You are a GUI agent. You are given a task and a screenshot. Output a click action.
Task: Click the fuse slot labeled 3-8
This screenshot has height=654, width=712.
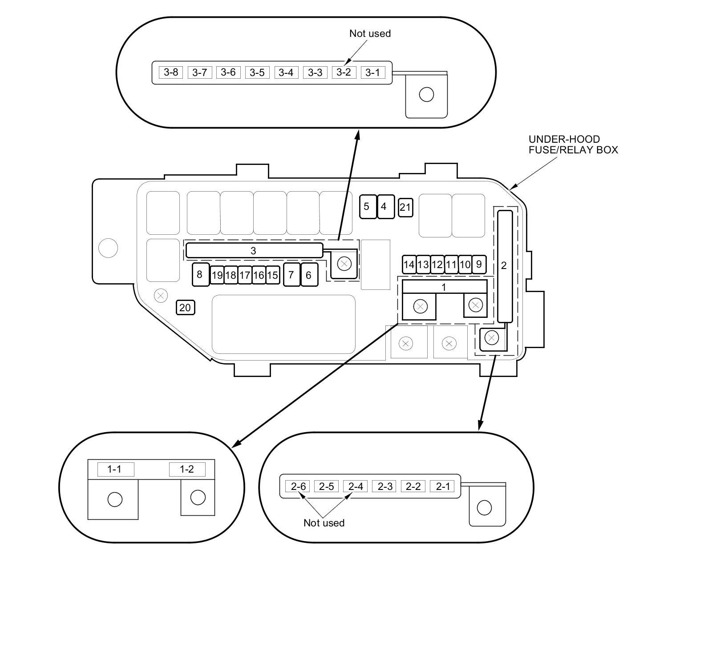170,72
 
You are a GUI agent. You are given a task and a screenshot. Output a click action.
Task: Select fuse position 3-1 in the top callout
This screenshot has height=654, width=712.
372,72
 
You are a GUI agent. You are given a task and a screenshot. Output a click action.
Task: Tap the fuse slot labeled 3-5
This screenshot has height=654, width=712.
257,72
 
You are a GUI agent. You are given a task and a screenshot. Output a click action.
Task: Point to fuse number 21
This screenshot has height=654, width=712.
405,207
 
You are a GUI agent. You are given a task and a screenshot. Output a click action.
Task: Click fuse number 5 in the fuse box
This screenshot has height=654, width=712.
367,206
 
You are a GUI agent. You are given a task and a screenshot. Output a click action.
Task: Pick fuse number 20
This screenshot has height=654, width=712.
185,307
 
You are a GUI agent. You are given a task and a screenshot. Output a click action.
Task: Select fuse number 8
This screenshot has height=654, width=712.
200,274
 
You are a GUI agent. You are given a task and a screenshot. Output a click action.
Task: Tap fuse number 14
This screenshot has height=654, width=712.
409,265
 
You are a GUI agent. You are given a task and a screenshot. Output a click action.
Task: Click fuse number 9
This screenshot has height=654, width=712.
479,265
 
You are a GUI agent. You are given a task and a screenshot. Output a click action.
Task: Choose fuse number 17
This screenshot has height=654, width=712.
244,275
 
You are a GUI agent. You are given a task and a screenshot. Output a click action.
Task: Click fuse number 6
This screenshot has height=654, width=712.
309,275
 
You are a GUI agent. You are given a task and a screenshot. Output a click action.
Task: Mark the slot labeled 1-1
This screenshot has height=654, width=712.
115,469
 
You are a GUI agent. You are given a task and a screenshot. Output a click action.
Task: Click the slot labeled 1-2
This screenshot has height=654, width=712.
187,469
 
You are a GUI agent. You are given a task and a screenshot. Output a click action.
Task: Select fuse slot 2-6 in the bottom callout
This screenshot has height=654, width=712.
298,486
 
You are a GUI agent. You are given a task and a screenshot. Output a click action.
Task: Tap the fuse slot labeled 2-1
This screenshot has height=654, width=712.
442,486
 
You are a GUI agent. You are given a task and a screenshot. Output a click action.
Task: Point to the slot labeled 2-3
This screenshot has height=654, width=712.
385,486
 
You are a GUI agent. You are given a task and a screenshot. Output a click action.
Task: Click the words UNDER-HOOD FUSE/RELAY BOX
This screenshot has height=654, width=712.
573,144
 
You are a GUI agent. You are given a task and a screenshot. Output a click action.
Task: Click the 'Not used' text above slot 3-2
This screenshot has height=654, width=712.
370,33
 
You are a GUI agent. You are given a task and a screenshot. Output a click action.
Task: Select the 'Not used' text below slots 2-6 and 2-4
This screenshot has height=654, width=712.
324,523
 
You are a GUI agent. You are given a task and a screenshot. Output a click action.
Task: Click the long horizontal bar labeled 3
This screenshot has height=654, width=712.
254,250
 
